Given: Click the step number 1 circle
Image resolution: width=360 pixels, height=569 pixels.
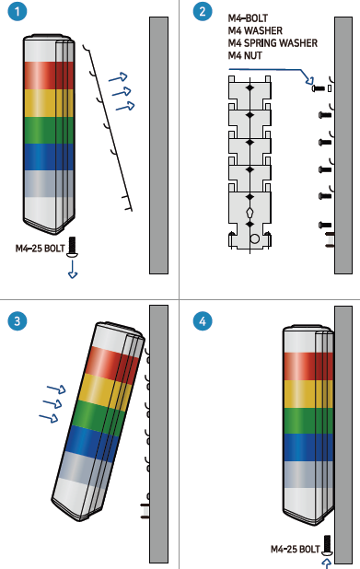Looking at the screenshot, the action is pyautogui.click(x=17, y=11).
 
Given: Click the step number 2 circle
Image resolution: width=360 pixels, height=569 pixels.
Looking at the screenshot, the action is pyautogui.click(x=203, y=11).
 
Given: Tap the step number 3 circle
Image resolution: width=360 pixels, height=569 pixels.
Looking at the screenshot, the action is pyautogui.click(x=17, y=321).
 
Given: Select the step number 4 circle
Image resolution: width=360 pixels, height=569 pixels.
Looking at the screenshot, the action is pyautogui.click(x=203, y=321).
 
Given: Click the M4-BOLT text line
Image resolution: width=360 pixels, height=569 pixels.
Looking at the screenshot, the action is pyautogui.click(x=249, y=18).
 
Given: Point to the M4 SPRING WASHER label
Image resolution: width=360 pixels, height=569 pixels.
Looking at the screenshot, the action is pyautogui.click(x=273, y=43).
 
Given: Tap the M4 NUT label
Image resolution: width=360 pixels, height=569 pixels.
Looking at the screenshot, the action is pyautogui.click(x=245, y=55).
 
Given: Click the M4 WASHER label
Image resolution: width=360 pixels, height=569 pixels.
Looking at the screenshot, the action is pyautogui.click(x=255, y=31).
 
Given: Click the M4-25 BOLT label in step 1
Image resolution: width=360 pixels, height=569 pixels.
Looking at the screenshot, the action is pyautogui.click(x=40, y=249).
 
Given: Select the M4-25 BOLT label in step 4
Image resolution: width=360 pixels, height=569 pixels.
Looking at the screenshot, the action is pyautogui.click(x=296, y=549).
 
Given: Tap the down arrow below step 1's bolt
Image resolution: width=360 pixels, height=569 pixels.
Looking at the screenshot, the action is pyautogui.click(x=73, y=270).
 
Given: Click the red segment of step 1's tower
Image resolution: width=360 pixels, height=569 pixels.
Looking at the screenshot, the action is pyautogui.click(x=48, y=75).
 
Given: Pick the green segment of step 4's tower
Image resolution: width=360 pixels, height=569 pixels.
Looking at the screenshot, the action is pyautogui.click(x=308, y=421).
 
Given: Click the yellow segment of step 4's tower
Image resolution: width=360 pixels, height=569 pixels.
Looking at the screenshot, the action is pyautogui.click(x=308, y=394).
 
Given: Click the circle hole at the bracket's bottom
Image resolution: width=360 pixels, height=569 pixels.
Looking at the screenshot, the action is pyautogui.click(x=255, y=238).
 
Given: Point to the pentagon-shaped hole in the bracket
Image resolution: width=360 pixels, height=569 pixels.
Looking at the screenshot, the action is pyautogui.click(x=250, y=211).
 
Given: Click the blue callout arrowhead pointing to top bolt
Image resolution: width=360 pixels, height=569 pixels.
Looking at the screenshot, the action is pyautogui.click(x=309, y=79).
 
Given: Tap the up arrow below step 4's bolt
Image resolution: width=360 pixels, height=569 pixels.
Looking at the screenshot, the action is pyautogui.click(x=327, y=563).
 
